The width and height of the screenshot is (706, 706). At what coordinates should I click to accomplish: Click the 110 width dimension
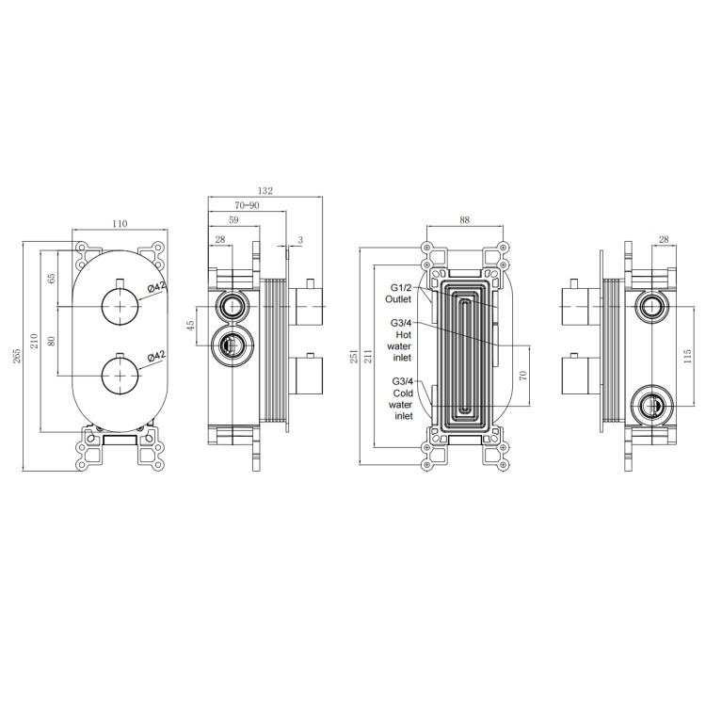[x=120, y=224]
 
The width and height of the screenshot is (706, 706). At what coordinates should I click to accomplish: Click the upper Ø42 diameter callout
[x=156, y=290]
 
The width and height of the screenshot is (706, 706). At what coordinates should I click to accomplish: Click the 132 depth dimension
[x=265, y=191]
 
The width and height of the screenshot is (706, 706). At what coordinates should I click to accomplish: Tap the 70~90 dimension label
[x=248, y=205]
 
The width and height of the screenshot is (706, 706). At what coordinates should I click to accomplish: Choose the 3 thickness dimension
[x=300, y=241]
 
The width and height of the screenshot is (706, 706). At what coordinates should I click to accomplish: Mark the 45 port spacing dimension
[x=190, y=326]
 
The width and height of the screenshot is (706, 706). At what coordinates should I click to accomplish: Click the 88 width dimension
[x=464, y=220]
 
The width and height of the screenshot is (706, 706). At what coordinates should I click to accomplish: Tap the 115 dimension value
[x=686, y=355]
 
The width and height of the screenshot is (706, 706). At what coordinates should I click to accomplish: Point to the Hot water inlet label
[x=403, y=340]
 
